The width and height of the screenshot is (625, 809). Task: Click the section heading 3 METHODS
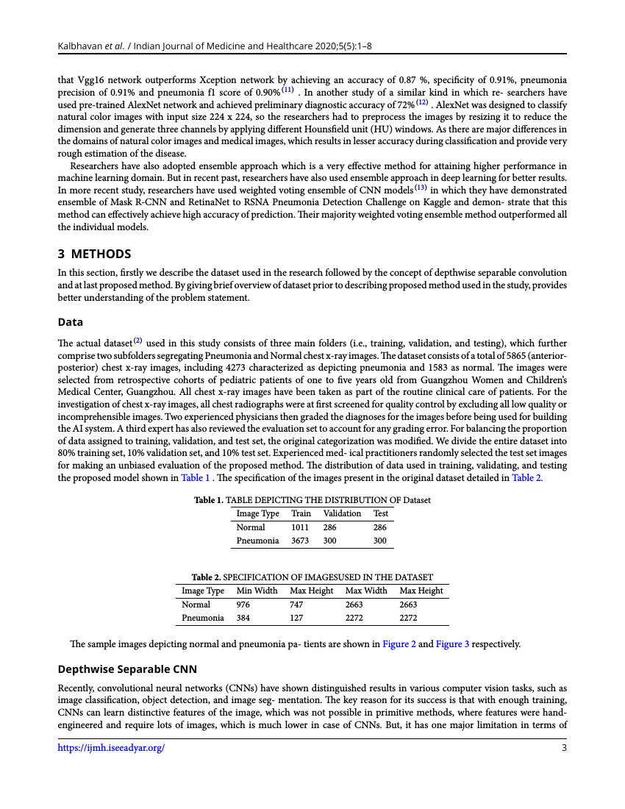[94, 254]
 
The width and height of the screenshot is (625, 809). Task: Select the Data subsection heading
[71, 322]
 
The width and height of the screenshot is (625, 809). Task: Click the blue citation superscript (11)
[287, 90]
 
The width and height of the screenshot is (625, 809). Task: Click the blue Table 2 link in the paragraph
[526, 477]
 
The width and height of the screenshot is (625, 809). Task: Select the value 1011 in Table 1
[300, 527]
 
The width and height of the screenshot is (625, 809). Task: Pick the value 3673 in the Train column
[300, 541]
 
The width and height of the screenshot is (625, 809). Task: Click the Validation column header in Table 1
[342, 513]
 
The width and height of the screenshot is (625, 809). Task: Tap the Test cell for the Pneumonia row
[379, 541]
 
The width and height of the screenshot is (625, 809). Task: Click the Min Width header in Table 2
[257, 591]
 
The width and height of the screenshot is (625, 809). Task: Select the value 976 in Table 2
[243, 605]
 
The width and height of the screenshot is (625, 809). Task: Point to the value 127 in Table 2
[297, 618]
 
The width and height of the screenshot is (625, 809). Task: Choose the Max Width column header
[366, 591]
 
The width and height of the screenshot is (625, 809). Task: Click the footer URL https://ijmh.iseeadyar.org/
[111, 748]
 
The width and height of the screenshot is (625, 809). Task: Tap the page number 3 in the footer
[563, 748]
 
